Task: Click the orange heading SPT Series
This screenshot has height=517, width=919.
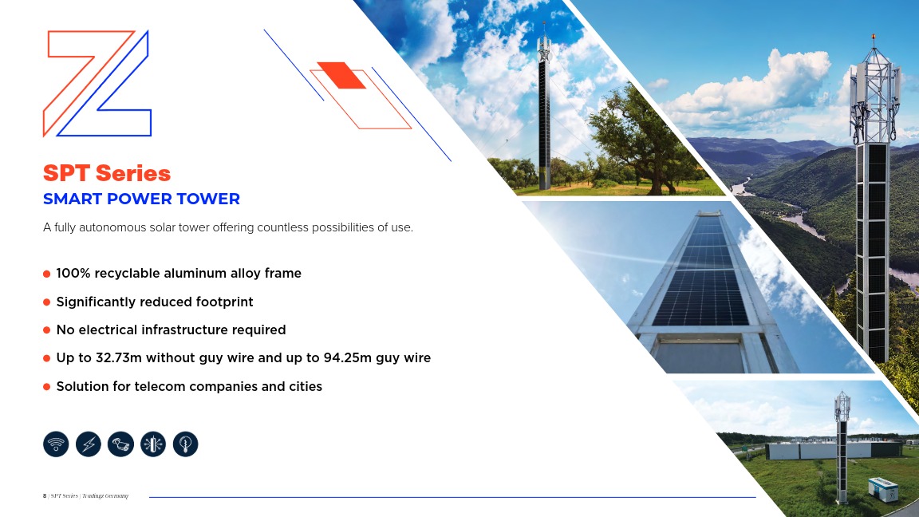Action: coord(107,173)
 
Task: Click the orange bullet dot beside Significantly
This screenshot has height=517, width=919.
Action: coord(47,302)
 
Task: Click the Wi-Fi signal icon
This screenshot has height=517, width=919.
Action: coord(56,444)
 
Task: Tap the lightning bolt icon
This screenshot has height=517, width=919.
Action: coord(89,444)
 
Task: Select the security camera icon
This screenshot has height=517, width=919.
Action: coord(120,444)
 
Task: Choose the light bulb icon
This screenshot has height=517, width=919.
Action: coord(186,444)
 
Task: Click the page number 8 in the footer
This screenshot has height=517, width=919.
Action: coord(45,496)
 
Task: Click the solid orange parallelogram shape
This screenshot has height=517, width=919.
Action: coord(341,75)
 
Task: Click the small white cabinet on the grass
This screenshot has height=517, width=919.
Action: coord(882,489)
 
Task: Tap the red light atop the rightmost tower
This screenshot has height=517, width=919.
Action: coord(874,37)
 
